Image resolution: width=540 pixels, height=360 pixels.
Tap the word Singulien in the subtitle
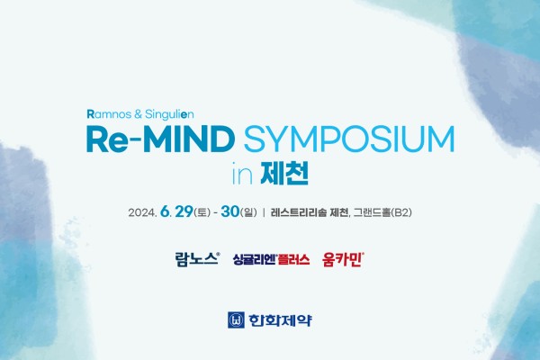(169, 114)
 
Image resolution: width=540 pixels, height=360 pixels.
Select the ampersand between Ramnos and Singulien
(137, 114)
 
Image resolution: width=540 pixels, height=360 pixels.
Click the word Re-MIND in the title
(160, 139)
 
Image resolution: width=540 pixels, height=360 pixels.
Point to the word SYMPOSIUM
(349, 139)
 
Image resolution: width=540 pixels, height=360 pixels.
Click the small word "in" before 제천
(242, 174)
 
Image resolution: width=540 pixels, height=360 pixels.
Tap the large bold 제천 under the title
(284, 173)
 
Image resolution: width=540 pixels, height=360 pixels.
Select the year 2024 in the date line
(142, 212)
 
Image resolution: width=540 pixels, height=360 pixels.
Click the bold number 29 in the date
(184, 211)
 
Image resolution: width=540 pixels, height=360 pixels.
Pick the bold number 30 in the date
(230, 211)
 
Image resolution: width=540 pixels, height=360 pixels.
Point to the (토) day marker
(202, 212)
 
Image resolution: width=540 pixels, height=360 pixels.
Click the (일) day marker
(248, 212)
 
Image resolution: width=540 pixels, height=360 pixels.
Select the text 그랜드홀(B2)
(382, 212)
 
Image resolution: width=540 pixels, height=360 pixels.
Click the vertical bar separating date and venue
(264, 212)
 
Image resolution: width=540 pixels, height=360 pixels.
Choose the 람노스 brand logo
(197, 258)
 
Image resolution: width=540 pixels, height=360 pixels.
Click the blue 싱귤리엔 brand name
(254, 259)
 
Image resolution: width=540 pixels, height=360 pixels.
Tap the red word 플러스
(293, 259)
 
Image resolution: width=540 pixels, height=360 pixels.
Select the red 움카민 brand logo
(343, 259)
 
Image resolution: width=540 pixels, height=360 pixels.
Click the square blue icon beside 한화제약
(236, 320)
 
